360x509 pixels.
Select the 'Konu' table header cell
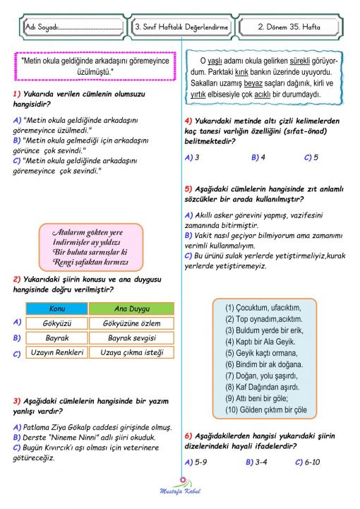(56, 309)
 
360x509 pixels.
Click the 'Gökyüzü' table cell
(56, 323)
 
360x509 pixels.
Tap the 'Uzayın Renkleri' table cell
(56, 353)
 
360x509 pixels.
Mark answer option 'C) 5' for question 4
(311, 157)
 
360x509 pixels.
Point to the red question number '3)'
(18, 400)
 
